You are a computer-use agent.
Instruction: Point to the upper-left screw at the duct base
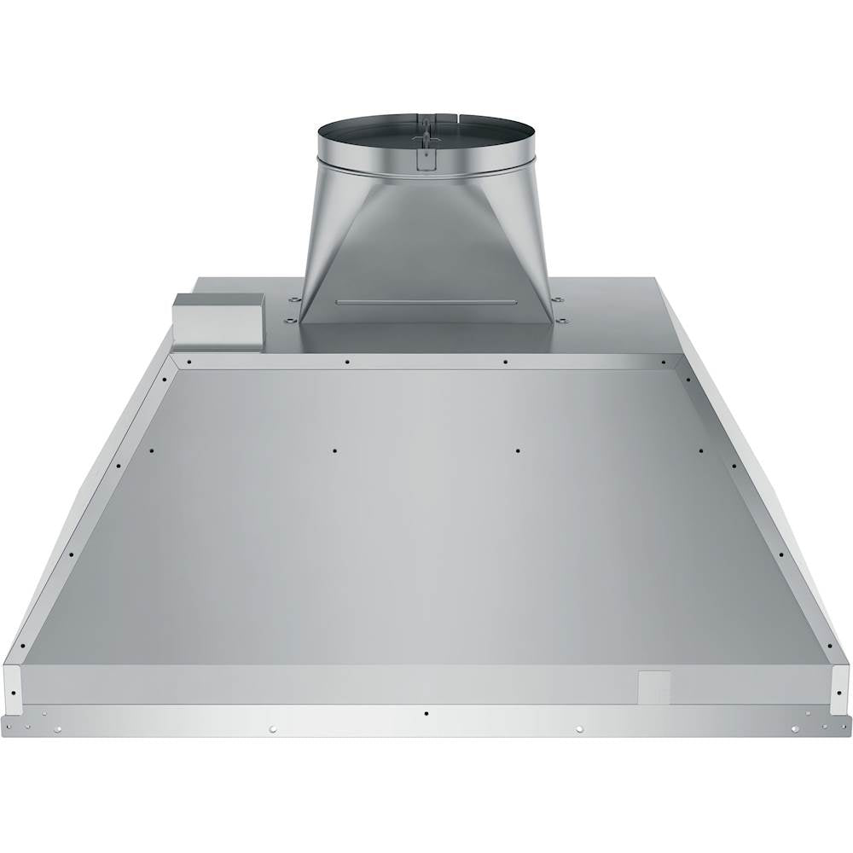[293, 299]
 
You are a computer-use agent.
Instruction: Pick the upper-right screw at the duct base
[558, 299]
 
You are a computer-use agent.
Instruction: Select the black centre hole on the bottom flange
[426, 713]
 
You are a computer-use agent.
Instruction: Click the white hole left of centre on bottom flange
[272, 728]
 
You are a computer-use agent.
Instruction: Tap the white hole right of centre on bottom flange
[579, 728]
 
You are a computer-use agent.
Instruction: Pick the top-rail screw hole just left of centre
[347, 362]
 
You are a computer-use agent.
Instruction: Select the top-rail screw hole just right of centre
[505, 362]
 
